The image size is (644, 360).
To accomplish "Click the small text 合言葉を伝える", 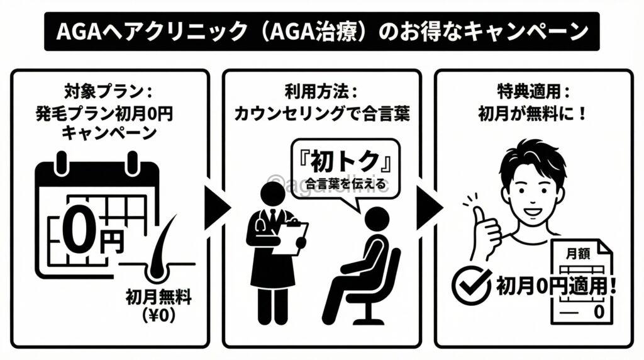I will click(343, 184).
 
